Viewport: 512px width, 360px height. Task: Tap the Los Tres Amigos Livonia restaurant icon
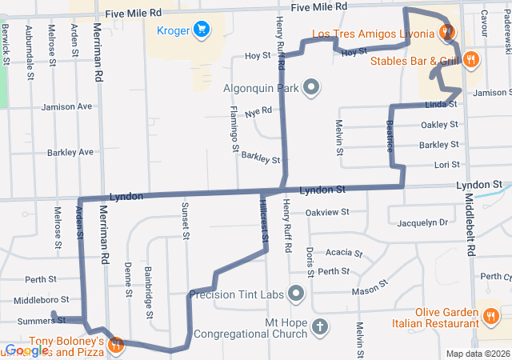coord(447,34)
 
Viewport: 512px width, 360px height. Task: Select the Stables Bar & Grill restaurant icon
coord(471,59)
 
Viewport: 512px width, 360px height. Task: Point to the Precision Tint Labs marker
coord(297,294)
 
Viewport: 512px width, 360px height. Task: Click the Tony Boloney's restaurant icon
coord(117,345)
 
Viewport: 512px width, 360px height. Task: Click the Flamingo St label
coord(234,128)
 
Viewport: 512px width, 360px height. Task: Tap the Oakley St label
coord(439,125)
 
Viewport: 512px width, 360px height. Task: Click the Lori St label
coord(446,165)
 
